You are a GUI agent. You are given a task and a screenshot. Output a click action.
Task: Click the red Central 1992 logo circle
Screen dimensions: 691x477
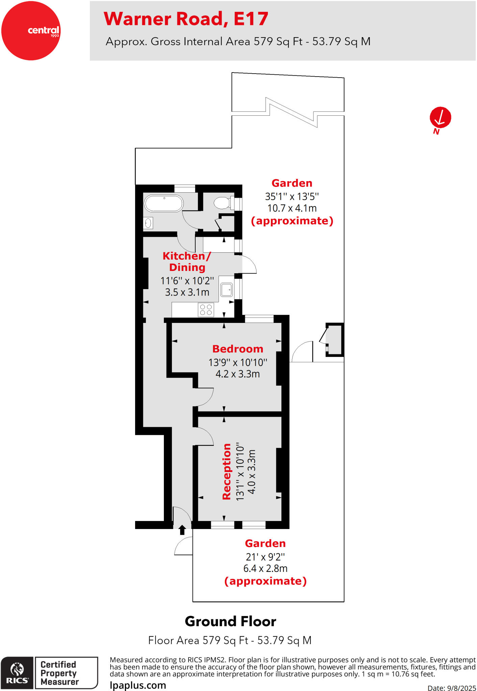[31, 31]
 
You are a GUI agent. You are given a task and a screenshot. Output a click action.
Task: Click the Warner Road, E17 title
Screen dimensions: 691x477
[186, 19]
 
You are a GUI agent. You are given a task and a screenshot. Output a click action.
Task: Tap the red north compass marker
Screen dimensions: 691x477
[440, 118]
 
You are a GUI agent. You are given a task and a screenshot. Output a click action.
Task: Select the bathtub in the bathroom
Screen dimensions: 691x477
[164, 203]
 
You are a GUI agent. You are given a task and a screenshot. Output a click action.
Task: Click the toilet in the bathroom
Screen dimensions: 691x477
[222, 203]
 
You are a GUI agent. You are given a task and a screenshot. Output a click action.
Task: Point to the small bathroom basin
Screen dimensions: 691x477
[148, 223]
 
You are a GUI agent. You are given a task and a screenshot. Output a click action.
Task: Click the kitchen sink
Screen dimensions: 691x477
[226, 289]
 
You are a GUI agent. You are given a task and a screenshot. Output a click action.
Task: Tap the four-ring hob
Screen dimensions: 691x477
[206, 310]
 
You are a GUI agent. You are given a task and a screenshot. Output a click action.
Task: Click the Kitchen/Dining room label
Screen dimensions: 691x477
[187, 261]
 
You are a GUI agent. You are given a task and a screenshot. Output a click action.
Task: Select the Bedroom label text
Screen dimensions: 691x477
[237, 349]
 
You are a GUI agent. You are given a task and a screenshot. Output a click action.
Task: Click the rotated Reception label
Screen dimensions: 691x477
[227, 471]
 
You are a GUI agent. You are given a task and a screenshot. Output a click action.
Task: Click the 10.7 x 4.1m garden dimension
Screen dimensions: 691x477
[292, 208]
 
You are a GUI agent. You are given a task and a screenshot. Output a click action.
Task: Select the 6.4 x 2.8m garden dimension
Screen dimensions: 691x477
[265, 569]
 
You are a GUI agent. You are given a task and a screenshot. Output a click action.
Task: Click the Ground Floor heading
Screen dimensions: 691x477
[230, 621]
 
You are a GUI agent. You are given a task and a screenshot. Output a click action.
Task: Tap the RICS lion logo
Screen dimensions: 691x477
[17, 670]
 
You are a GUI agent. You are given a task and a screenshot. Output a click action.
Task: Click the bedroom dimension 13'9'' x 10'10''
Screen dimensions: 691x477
[237, 362]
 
